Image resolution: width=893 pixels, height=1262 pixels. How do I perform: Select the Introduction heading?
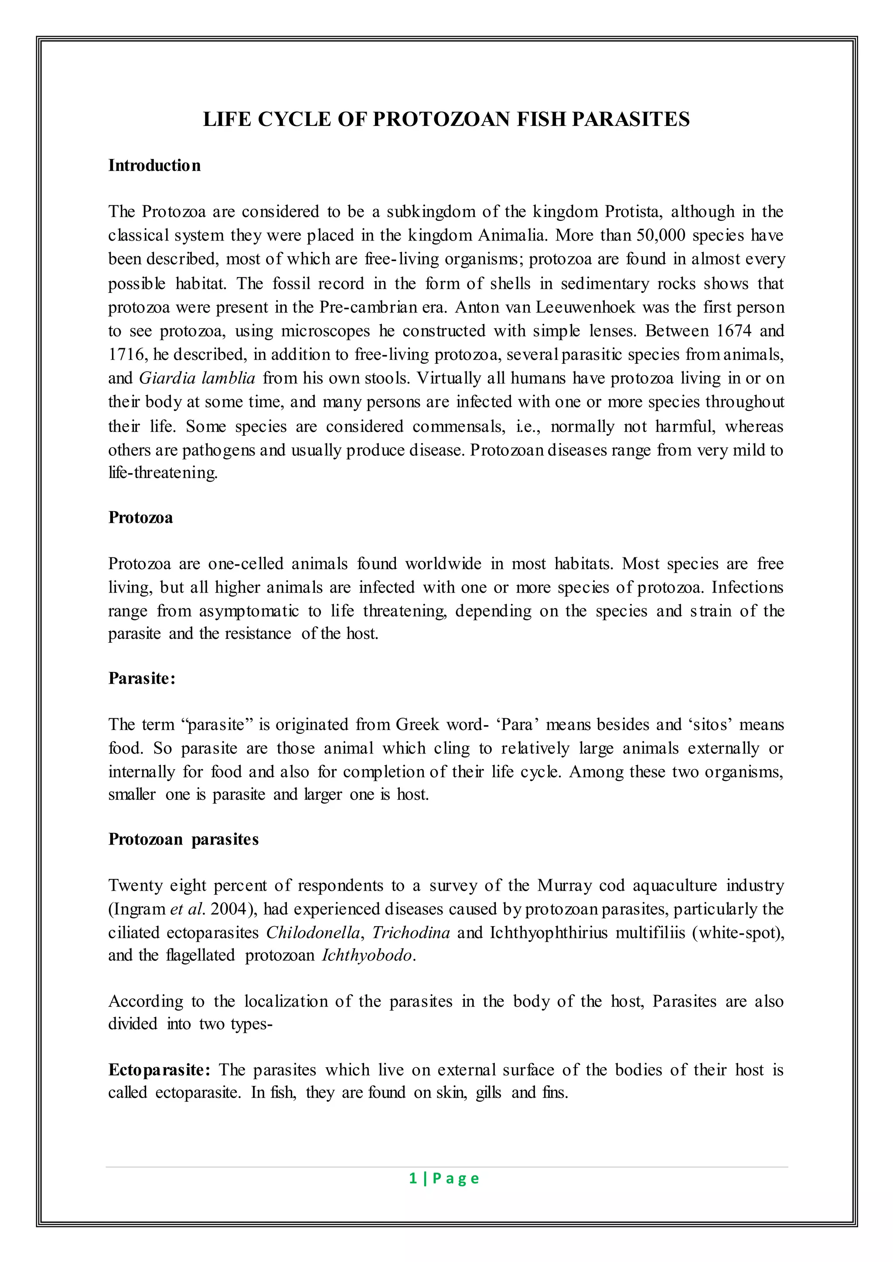click(x=154, y=166)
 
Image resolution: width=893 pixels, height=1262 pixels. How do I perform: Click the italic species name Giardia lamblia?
click(x=197, y=378)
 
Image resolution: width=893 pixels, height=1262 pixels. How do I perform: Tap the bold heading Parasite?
click(x=141, y=678)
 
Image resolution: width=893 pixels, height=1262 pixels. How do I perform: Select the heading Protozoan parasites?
click(x=183, y=839)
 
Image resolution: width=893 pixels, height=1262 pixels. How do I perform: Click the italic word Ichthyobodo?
click(x=367, y=955)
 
